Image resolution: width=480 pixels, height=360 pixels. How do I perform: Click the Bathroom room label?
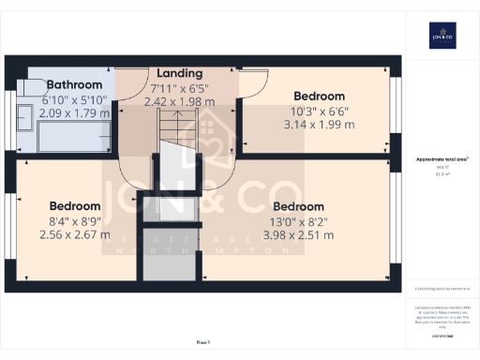[x=74, y=83]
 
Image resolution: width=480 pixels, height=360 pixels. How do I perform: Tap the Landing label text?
[x=179, y=72]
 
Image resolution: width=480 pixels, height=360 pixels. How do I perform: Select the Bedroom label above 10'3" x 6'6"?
[x=319, y=96]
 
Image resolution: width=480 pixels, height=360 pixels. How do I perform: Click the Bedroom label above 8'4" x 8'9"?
[x=75, y=206]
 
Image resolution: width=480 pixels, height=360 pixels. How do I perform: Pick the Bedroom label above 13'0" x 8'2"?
[x=299, y=206]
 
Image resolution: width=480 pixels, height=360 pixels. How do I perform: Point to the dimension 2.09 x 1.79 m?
[x=74, y=113]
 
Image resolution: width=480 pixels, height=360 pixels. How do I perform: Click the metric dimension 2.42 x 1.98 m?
[x=179, y=101]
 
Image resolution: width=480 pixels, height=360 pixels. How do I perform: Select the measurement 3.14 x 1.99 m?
[x=319, y=125]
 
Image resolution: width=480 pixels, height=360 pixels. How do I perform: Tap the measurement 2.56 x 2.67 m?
[x=75, y=235]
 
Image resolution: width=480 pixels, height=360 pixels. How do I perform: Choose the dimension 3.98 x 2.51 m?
[x=299, y=235]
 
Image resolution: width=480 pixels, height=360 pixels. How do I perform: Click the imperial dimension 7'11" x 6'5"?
[x=179, y=87]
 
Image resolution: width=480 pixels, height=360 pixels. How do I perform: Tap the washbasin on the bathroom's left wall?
[x=22, y=117]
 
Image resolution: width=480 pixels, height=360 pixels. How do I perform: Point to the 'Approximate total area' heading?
[x=442, y=160]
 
